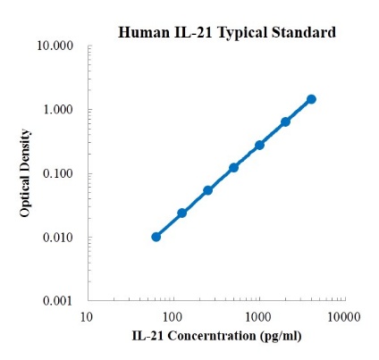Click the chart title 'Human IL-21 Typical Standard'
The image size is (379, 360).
[x=227, y=33]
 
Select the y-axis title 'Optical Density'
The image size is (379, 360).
[x=28, y=173]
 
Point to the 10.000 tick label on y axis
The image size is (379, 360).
[x=57, y=46]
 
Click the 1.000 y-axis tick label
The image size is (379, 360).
[x=60, y=110]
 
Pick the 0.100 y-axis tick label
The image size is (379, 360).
[x=60, y=174]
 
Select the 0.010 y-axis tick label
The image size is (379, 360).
[x=60, y=238]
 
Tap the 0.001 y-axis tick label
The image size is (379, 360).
[x=60, y=302]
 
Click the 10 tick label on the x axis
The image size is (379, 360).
[x=87, y=317]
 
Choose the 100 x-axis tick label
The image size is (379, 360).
[x=173, y=317]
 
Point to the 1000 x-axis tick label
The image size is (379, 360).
[x=258, y=317]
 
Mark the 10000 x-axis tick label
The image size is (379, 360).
[x=343, y=317]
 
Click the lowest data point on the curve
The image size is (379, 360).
[x=156, y=237]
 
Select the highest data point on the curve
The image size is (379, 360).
[x=311, y=99]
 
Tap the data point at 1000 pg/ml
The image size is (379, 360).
[x=259, y=145]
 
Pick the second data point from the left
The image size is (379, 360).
[x=182, y=213]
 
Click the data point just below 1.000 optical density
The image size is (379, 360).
[x=285, y=121]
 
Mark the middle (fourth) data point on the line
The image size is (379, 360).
[x=233, y=168]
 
